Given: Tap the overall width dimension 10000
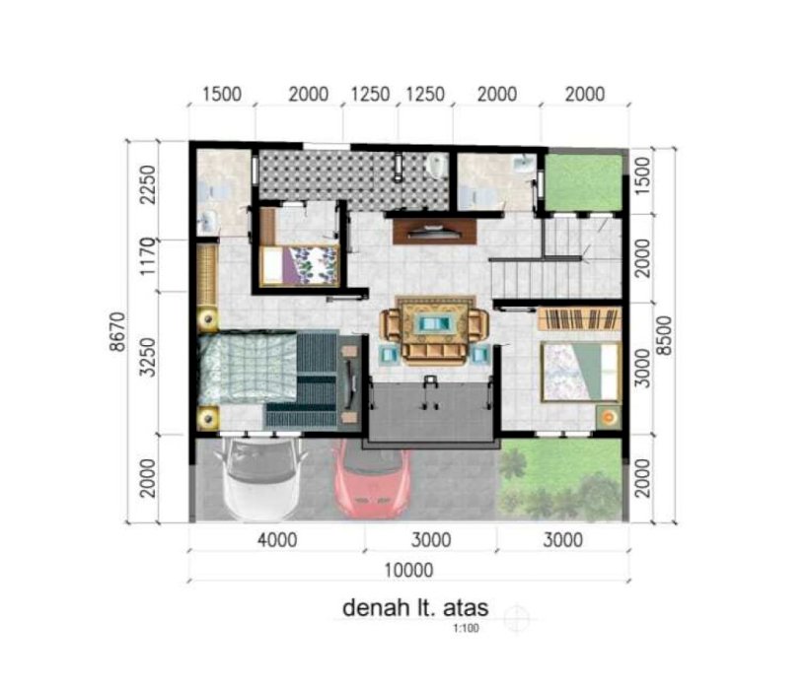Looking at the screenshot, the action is [x=408, y=570].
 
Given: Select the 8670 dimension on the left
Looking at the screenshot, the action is [x=117, y=331].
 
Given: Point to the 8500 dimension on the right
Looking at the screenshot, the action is [x=664, y=335].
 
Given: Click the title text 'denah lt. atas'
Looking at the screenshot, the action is [x=415, y=607].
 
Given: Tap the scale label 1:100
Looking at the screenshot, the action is [x=466, y=628].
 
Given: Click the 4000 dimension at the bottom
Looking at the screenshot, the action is [x=277, y=540].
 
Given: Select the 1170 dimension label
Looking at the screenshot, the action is [x=148, y=256].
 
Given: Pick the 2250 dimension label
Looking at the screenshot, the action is [x=148, y=184].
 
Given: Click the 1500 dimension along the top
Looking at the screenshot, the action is [x=222, y=95].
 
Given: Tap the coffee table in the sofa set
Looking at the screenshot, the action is [x=434, y=323].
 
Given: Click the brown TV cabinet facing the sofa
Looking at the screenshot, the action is [x=434, y=231].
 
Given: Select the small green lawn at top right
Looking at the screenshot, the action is [x=583, y=182].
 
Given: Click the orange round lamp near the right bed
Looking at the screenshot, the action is [x=609, y=417].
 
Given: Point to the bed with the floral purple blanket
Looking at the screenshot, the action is [x=299, y=265].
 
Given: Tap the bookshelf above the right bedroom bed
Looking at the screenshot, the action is [x=579, y=319].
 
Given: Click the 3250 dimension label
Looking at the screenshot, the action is [x=148, y=357].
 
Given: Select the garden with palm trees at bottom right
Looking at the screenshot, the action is [x=561, y=479].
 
